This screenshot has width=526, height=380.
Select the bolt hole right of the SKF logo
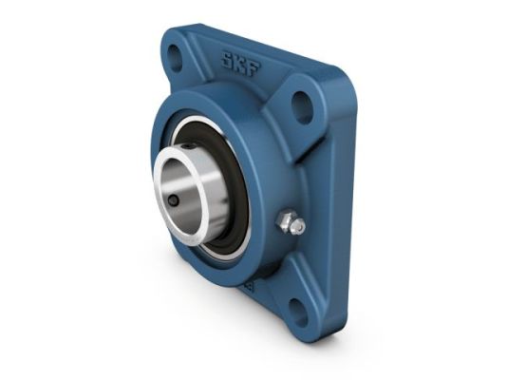301,105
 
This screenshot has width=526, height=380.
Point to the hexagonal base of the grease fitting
284,220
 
